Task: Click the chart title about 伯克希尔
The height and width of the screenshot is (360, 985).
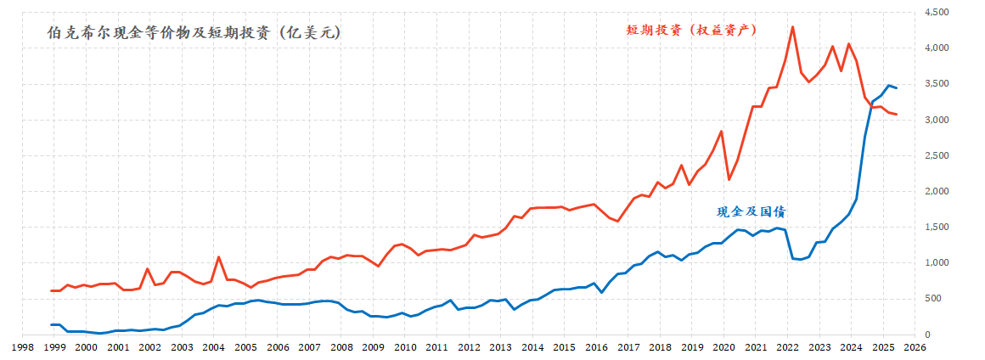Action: tap(196, 33)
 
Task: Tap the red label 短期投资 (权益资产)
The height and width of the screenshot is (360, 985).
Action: tap(691, 29)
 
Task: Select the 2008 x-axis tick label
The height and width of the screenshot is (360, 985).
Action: tap(341, 347)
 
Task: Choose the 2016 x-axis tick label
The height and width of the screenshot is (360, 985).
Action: tap(596, 347)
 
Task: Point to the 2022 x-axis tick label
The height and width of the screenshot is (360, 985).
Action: tap(787, 347)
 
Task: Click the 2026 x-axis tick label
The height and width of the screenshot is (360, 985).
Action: tap(915, 347)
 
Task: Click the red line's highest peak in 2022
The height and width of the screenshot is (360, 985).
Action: tap(792, 27)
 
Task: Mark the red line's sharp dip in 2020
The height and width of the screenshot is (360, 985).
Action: tap(729, 179)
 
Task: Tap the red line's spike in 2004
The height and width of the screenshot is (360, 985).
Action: tap(218, 256)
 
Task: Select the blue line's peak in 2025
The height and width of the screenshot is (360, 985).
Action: tap(888, 85)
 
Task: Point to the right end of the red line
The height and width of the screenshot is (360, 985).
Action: tap(897, 115)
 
